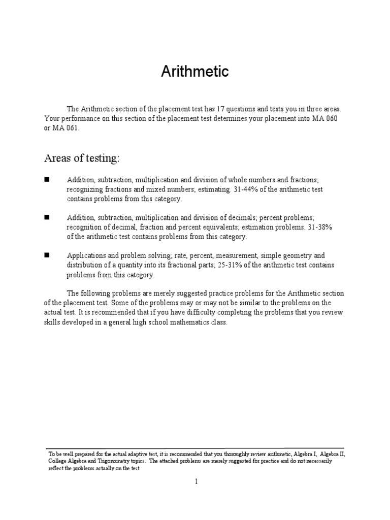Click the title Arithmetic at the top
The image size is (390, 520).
tap(195, 72)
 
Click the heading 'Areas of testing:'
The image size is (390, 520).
tap(82, 159)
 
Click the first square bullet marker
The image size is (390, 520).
tap(47, 180)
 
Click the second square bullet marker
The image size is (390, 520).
tap(47, 217)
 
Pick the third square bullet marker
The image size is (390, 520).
tap(47, 255)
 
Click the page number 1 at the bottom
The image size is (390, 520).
tap(195, 482)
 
